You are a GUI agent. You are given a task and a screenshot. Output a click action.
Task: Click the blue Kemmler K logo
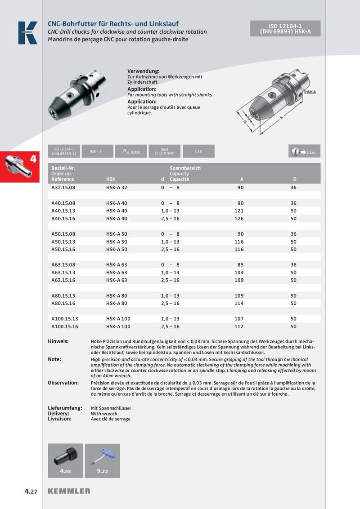point(27,33)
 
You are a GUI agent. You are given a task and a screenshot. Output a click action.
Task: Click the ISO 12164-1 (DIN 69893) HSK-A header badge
point(286,29)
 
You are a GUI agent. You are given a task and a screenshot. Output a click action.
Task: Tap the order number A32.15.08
point(63,187)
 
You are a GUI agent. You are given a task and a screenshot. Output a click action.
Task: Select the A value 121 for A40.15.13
point(239,211)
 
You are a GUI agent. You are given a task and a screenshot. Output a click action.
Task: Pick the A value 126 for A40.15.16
point(239,219)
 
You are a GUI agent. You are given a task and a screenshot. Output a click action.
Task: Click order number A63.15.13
point(63,272)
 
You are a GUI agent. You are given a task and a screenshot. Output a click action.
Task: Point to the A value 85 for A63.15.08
point(240,265)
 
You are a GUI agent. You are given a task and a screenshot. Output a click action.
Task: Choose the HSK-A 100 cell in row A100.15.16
point(118,326)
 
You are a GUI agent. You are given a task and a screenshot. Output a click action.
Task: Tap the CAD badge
point(199,152)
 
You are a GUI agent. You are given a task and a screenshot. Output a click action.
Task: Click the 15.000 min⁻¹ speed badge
point(164,152)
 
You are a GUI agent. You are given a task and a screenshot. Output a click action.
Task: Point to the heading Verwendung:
point(144,71)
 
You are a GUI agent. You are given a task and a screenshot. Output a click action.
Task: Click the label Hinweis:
point(58,341)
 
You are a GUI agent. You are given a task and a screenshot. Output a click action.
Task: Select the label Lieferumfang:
point(65,408)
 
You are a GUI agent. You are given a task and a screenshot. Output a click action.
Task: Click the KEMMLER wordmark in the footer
point(69,491)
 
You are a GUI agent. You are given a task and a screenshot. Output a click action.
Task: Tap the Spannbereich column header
point(185,168)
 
